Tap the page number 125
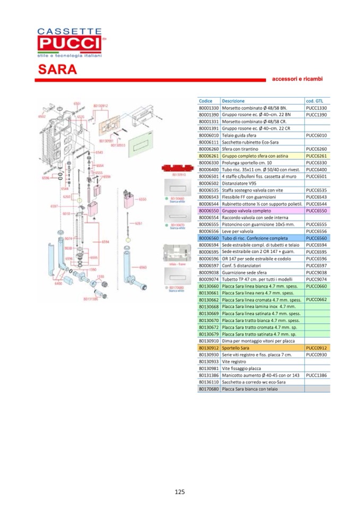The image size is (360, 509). [x=179, y=491]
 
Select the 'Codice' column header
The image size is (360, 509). [x=205, y=101]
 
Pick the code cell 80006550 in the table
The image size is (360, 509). [x=208, y=211]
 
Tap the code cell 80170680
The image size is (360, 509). [x=208, y=389]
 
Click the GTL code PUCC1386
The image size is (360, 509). [x=316, y=375]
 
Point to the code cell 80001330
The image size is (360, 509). [x=208, y=108]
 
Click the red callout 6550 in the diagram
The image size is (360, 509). [x=142, y=199]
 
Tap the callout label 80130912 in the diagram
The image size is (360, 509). [x=101, y=106]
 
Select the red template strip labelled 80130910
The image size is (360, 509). [x=178, y=169]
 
